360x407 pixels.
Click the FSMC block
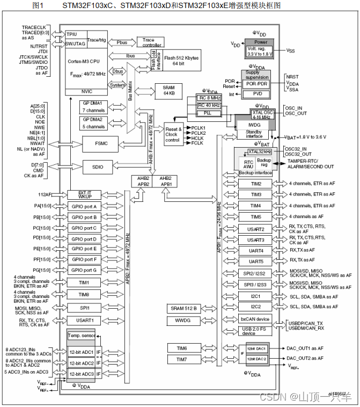coord(97,143)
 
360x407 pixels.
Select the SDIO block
coord(97,167)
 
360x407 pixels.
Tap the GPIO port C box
coord(84,228)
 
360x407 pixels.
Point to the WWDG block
coord(183,320)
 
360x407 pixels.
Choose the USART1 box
coord(84,320)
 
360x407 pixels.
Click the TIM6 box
coord(181,348)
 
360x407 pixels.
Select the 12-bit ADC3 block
coord(80,373)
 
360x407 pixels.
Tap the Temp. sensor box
coord(80,336)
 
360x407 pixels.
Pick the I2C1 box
coord(256,296)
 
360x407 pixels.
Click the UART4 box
coord(256,250)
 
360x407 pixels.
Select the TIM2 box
coord(256,184)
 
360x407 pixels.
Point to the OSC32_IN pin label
coord(295,149)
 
